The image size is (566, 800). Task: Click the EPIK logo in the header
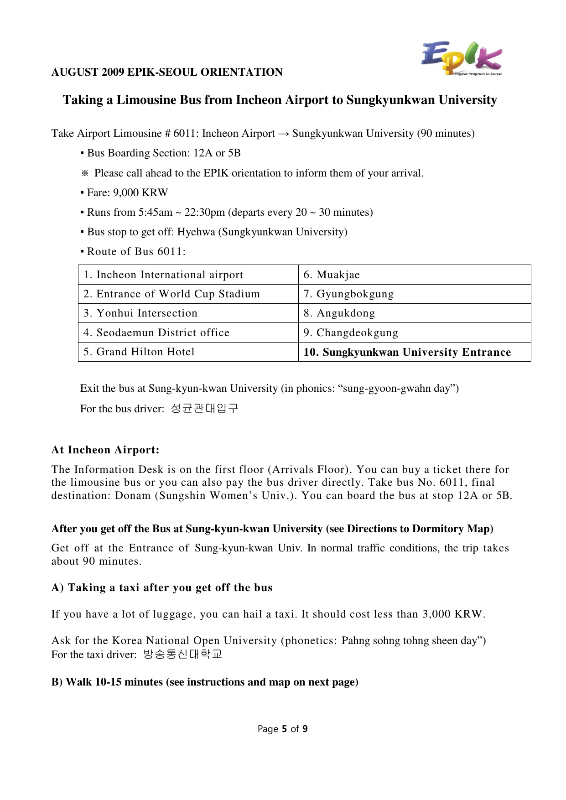click(461, 58)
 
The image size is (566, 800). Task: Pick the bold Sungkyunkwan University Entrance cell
click(407, 353)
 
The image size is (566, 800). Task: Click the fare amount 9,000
click(126, 193)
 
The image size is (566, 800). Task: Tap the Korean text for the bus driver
click(204, 408)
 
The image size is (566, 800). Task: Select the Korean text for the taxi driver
click(182, 655)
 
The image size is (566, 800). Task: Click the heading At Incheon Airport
click(105, 450)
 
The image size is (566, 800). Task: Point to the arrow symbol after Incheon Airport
click(283, 134)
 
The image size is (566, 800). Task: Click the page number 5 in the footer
click(284, 729)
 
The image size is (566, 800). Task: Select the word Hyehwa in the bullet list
click(196, 232)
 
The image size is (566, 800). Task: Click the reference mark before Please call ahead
click(85, 173)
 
